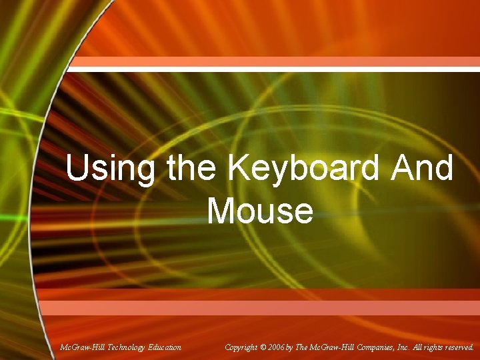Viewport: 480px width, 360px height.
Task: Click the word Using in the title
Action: (109, 169)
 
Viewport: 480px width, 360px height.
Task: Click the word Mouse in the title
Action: (260, 211)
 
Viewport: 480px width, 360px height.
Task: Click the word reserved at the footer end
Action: (458, 347)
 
